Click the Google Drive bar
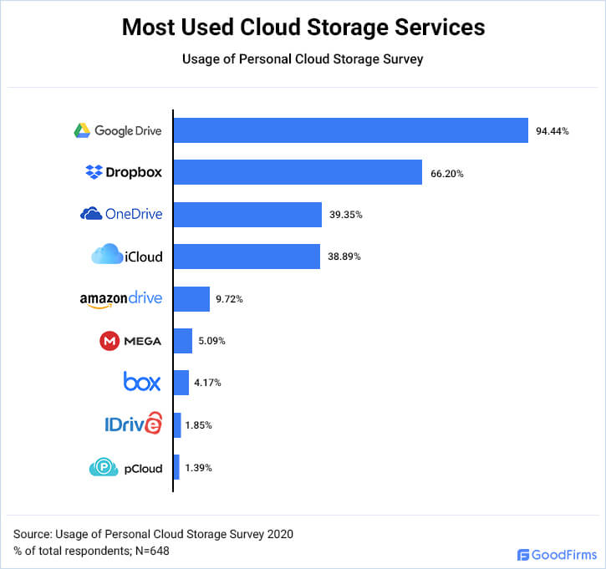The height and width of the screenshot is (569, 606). pos(351,130)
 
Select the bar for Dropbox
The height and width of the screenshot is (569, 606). pos(298,173)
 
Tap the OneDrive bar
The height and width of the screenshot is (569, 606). pos(247,215)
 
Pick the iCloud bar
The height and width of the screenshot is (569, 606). pos(247,257)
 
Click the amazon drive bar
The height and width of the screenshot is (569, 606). pos(191,298)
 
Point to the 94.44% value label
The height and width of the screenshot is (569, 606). pos(553,131)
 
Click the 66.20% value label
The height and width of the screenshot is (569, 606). pos(447,174)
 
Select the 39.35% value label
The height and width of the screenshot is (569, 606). pos(346,216)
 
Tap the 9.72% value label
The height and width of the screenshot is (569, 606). pos(230,299)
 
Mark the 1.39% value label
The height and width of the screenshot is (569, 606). pos(199,468)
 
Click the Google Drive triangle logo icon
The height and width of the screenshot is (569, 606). pos(82,130)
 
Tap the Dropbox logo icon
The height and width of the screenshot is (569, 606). pos(94,173)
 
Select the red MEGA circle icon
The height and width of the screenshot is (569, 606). pos(109,341)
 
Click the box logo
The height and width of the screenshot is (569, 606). pos(141,383)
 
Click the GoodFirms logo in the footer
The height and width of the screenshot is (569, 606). pos(556,554)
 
